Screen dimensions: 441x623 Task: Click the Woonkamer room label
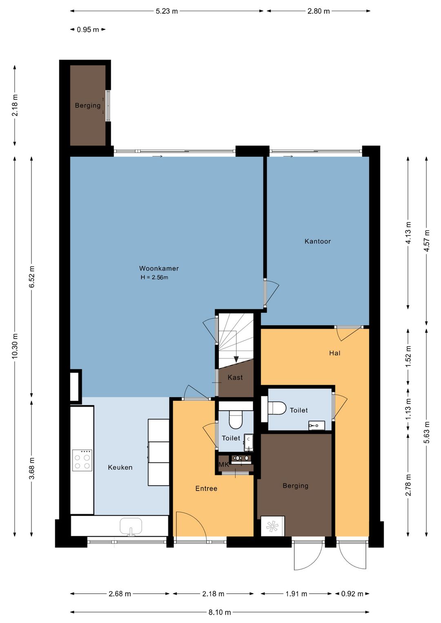point(159,268)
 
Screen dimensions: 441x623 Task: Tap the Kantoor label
point(317,241)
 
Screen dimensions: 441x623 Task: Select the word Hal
point(335,353)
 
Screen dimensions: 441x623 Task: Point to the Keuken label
point(120,467)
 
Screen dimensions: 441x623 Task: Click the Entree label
point(206,488)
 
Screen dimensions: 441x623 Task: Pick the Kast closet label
point(235,377)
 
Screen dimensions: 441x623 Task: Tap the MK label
point(224,465)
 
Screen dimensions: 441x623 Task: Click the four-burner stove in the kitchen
point(82,460)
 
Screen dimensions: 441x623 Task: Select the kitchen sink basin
point(131,526)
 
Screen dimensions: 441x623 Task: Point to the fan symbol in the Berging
point(272,526)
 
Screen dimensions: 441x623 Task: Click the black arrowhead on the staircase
point(236,359)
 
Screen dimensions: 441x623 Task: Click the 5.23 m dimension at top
point(167,11)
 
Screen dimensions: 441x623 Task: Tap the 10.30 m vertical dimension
point(15,346)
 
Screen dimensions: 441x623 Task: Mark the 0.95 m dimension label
point(88,29)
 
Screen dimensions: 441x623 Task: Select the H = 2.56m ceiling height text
point(154,277)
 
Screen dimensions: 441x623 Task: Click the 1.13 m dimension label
point(408,409)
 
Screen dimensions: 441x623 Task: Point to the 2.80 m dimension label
point(318,11)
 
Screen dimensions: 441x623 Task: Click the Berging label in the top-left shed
point(88,105)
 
